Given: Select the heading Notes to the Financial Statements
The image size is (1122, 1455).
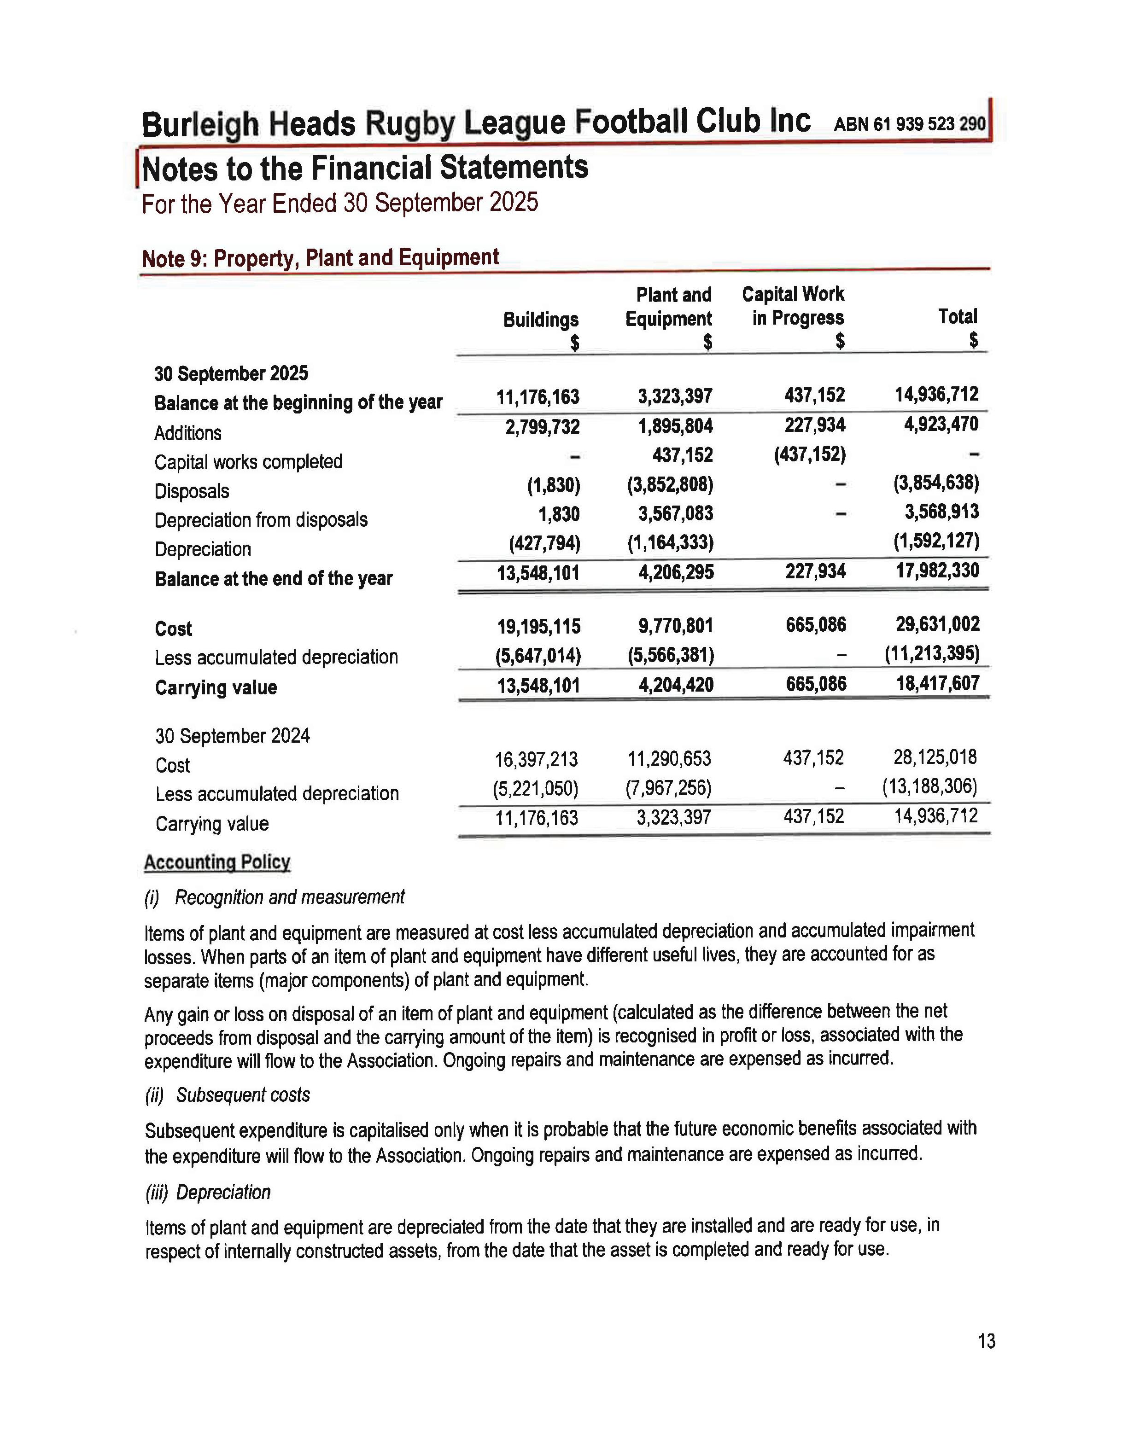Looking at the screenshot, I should coord(365,168).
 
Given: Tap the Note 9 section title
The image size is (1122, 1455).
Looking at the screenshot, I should coord(320,258).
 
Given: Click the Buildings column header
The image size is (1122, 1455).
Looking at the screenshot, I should coord(540,320).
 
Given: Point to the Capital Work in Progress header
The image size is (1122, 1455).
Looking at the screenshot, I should coord(793,307).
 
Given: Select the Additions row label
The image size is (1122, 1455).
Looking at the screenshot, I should coord(188,433).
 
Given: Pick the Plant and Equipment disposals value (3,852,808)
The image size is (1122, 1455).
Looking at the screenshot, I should coord(670,485).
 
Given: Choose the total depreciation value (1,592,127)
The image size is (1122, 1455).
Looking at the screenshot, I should coord(935,541).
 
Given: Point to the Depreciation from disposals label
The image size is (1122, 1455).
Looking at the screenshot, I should coord(261,520).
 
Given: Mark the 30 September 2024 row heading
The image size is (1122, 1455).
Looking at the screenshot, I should coord(233,736).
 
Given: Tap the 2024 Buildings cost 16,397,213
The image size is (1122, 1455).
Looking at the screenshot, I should coord(536,759).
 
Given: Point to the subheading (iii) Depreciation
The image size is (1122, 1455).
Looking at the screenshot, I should coord(208,1193).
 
